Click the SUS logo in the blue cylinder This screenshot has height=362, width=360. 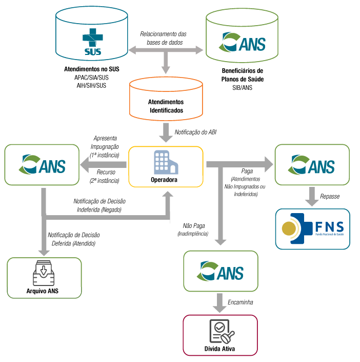[92, 42]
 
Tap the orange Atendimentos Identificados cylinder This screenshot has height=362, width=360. [166, 100]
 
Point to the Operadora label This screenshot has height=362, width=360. [165, 180]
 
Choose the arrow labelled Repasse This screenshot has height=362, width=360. [311, 196]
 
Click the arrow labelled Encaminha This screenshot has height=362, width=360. [221, 303]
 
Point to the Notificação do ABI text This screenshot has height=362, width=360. [195, 132]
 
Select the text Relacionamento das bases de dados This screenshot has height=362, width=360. [164, 38]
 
